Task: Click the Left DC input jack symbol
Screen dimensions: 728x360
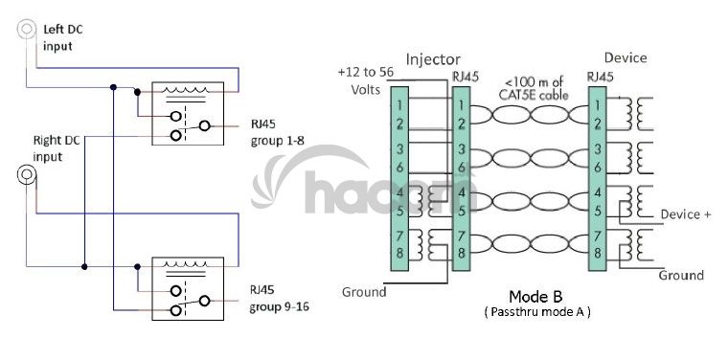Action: [27, 29]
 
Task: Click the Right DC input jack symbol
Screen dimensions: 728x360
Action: [27, 174]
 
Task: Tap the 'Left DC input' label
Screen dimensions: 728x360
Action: [63, 37]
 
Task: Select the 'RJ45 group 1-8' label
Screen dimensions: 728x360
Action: [277, 133]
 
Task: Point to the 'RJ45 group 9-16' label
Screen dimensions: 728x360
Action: [279, 299]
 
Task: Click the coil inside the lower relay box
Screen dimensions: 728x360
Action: [185, 265]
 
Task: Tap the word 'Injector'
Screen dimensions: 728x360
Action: [433, 59]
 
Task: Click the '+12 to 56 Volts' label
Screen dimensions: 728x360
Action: [365, 80]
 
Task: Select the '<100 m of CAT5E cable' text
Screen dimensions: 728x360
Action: [534, 89]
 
